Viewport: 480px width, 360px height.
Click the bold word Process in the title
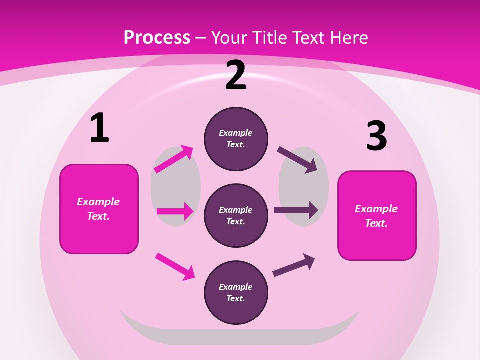click(x=157, y=38)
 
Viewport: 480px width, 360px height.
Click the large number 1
click(x=99, y=128)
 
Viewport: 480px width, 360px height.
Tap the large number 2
click(x=236, y=76)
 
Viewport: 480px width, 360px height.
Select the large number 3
click(x=376, y=136)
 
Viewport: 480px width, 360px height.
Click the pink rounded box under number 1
click(x=99, y=209)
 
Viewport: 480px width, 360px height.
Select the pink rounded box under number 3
click(x=377, y=215)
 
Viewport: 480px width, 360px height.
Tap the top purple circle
click(x=236, y=139)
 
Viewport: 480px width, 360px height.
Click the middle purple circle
click(x=236, y=216)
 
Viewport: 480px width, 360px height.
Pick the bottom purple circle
click(x=236, y=293)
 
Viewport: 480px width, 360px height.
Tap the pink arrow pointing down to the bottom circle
click(x=175, y=266)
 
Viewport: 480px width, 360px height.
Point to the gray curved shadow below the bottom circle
click(x=240, y=336)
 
